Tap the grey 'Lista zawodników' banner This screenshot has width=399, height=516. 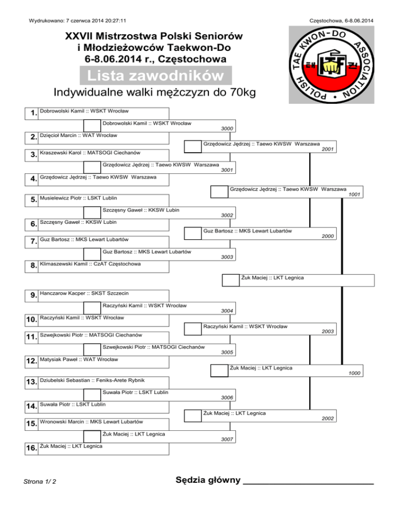click(x=156, y=75)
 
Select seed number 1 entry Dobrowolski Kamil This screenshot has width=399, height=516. click(x=84, y=111)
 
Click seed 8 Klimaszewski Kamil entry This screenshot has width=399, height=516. click(x=90, y=264)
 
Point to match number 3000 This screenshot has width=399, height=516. click(x=227, y=129)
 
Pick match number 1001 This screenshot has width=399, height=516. click(x=354, y=195)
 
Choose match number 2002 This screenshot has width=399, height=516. click(x=328, y=418)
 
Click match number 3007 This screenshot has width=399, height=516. click(x=227, y=439)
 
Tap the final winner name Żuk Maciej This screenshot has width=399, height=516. click(x=272, y=278)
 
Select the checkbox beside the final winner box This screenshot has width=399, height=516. click(x=231, y=280)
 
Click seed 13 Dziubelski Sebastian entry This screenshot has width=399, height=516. click(x=92, y=381)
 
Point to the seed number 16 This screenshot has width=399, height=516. click(x=31, y=448)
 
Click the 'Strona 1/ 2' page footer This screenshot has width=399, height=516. click(x=39, y=482)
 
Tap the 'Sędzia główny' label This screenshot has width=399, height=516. click(x=208, y=480)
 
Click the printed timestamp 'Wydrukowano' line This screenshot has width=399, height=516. click(x=77, y=21)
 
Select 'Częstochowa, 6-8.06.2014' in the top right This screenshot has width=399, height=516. click(x=341, y=21)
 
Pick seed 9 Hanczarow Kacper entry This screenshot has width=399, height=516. click(x=84, y=293)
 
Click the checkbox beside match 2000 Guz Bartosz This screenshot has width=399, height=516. click(x=193, y=233)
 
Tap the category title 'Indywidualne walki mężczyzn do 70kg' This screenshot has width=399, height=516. click(x=155, y=92)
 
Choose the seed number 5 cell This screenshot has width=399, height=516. click(x=33, y=199)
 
